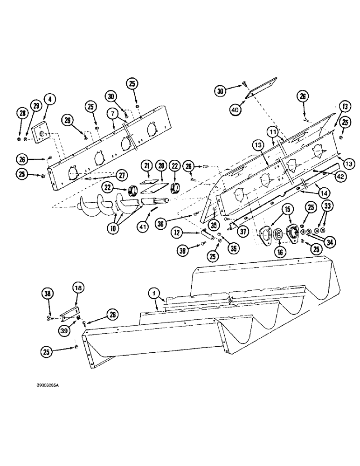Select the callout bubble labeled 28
(x=21, y=113)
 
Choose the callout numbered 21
(x=146, y=166)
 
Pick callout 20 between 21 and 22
(x=161, y=166)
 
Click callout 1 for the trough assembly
(x=152, y=294)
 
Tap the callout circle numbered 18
(x=78, y=288)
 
